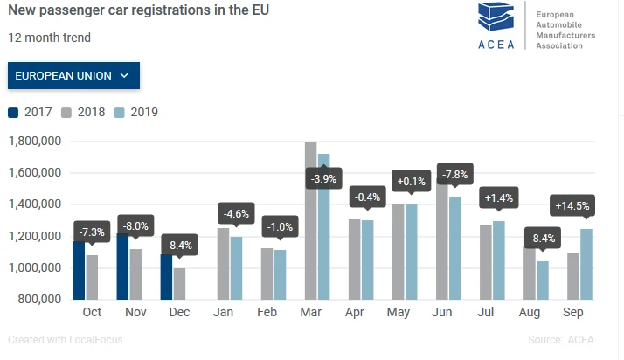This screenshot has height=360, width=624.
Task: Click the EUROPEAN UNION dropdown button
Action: (73, 76)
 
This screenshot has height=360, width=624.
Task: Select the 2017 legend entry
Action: (31, 112)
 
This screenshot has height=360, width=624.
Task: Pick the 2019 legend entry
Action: (135, 112)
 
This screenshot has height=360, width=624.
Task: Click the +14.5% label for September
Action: (572, 206)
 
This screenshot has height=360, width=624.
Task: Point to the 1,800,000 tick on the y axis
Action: (34, 142)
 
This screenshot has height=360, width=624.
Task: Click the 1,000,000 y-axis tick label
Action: (34, 268)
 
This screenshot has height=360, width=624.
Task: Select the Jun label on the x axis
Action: (442, 313)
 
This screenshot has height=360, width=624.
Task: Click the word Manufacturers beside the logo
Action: (565, 36)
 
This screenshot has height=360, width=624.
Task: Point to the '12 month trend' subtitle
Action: (50, 38)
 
